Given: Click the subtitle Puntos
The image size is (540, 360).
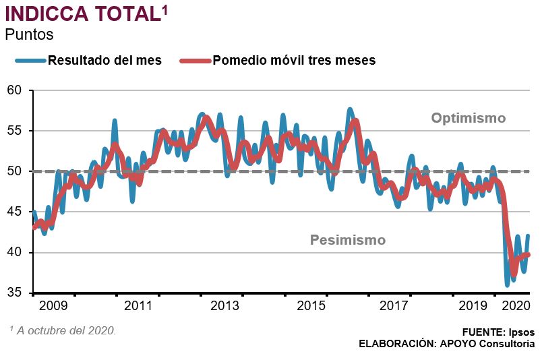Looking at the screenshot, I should click(x=29, y=34).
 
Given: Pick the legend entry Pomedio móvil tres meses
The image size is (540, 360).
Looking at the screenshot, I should click(x=294, y=60).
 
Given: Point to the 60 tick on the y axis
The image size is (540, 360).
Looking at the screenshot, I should click(x=15, y=90).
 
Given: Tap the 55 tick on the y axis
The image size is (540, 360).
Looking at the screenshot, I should click(x=15, y=131).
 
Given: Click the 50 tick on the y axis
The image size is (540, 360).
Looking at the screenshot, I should click(x=15, y=171).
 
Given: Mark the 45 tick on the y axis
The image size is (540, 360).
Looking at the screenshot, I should click(x=15, y=212).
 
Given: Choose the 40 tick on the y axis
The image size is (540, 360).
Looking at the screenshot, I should click(x=15, y=253).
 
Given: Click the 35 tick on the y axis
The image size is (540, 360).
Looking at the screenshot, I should click(x=15, y=293).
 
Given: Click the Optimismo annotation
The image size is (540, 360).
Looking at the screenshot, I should click(x=468, y=119).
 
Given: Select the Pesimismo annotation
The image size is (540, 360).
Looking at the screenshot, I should click(x=347, y=240).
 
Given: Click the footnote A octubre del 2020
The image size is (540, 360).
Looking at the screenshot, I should click(x=65, y=331).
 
